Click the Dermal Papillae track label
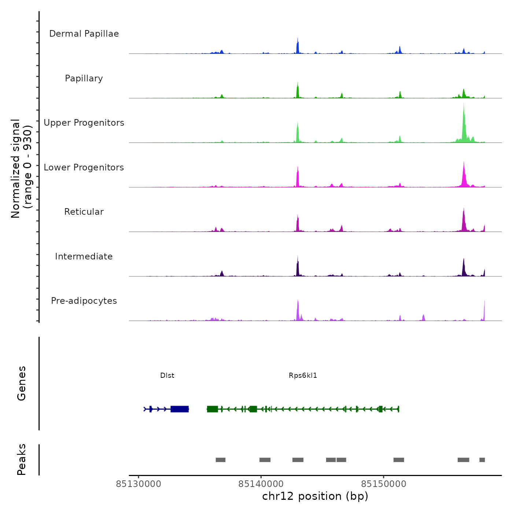84,34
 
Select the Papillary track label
84,78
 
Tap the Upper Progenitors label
84,123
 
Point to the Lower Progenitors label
84,167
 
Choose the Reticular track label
84,212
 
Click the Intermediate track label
84,256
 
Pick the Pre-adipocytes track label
84,301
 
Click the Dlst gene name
167,376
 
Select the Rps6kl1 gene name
303,376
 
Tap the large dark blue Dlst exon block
180,409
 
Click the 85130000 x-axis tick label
139,484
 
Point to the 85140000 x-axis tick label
261,484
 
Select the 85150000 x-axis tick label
384,484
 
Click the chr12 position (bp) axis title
315,496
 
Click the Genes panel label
22,383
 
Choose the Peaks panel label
22,460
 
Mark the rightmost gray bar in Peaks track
482,460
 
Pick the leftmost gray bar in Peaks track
221,460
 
